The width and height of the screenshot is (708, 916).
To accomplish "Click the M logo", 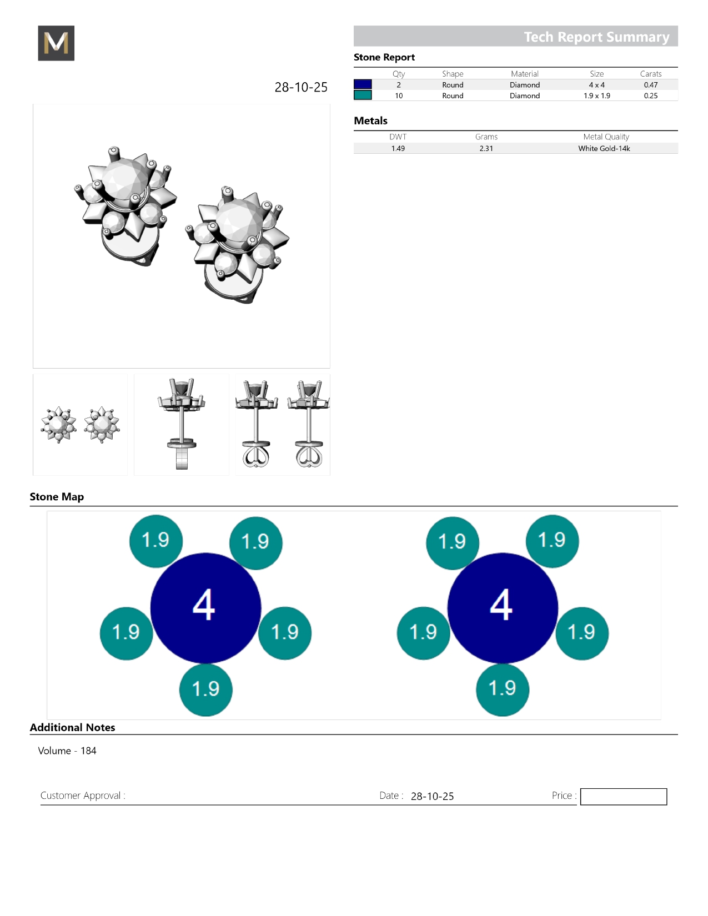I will [x=56, y=43].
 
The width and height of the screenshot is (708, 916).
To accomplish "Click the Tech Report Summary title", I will [x=596, y=37].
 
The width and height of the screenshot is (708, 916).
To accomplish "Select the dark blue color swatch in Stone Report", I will [x=363, y=84].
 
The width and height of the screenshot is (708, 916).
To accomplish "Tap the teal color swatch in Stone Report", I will [x=363, y=95].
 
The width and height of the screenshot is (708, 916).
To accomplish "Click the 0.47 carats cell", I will [x=650, y=85].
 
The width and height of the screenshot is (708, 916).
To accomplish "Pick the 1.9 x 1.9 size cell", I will [x=596, y=96].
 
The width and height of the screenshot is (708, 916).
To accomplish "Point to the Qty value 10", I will [x=399, y=96].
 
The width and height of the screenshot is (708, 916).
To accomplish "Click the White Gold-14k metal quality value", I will [x=604, y=149].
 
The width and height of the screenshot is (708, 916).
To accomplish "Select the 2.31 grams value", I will [x=486, y=149].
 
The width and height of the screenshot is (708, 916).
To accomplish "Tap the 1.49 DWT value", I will [x=398, y=149].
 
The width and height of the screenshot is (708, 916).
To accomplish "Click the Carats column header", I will [x=650, y=74].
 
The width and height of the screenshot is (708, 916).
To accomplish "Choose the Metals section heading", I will [x=370, y=121].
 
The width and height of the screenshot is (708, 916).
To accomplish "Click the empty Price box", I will [x=623, y=797].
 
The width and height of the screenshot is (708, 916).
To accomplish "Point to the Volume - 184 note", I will [x=67, y=751].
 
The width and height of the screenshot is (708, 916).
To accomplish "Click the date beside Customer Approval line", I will [x=432, y=796].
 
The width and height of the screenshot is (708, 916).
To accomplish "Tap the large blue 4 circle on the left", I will [x=205, y=607].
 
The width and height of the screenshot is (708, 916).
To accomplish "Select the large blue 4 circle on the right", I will [x=502, y=607].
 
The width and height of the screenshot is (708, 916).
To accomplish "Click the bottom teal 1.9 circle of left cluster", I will [x=205, y=689].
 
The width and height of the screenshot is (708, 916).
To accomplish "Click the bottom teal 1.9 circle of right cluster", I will [x=503, y=689].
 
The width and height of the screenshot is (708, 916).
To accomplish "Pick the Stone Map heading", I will [x=57, y=497].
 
